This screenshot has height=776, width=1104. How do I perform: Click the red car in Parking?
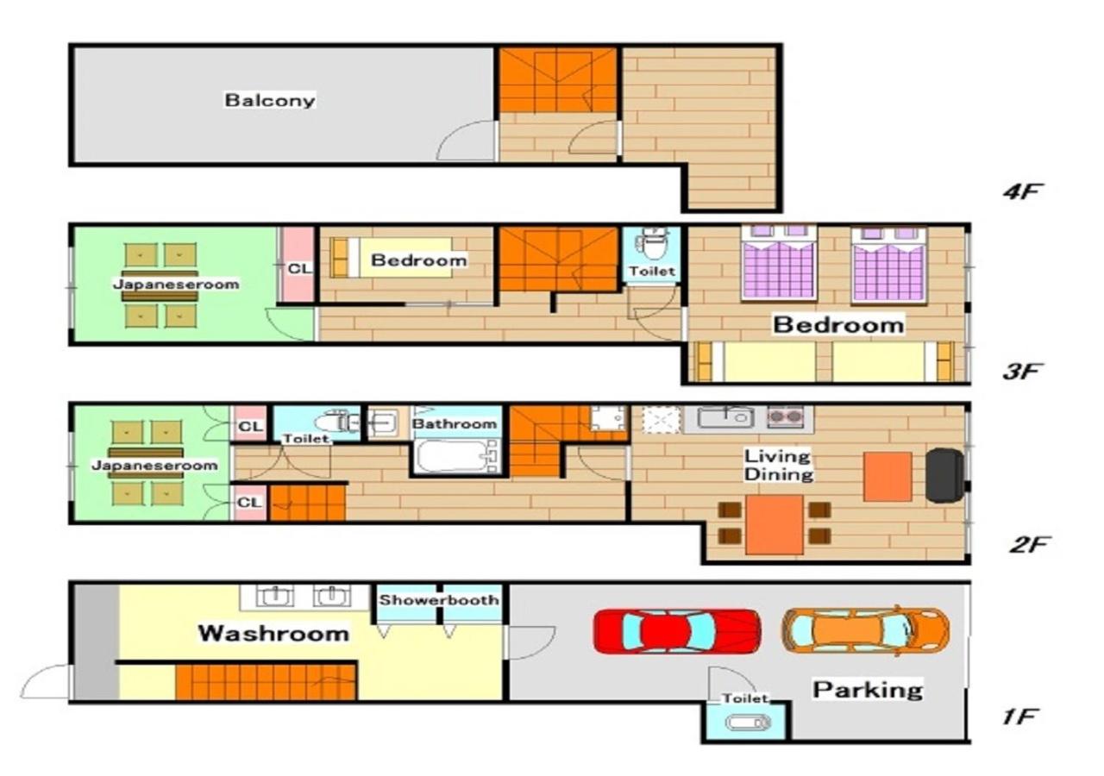click(x=677, y=631)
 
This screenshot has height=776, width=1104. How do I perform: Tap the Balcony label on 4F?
click(x=270, y=100)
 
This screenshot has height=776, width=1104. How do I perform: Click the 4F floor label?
click(x=1022, y=191)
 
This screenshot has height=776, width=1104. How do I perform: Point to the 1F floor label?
click(x=1020, y=717)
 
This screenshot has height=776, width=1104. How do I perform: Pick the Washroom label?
click(x=273, y=633)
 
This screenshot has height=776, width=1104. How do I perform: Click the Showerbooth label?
click(x=439, y=599)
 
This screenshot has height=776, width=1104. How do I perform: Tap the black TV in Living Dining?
click(x=944, y=475)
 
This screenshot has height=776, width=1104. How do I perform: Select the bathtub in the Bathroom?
click(x=456, y=456)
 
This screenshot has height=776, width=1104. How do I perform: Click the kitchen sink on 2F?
click(x=726, y=417)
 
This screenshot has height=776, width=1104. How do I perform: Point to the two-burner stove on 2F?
click(x=785, y=416)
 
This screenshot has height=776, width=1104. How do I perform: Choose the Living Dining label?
click(x=778, y=465)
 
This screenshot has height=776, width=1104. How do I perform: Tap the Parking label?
click(x=868, y=690)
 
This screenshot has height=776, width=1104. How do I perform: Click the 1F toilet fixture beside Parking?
click(x=748, y=723)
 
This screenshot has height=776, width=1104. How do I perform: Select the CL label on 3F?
click(x=299, y=268)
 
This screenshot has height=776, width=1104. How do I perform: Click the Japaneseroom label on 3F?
click(x=176, y=284)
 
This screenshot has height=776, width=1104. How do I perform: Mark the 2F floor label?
click(x=1028, y=544)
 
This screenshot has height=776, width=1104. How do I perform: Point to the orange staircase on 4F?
click(x=558, y=80)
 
